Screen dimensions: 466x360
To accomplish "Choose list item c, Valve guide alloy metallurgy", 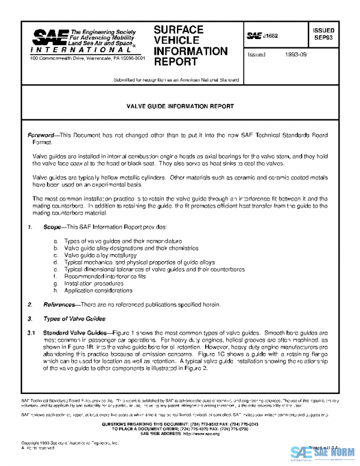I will pyautogui.click(x=107, y=255).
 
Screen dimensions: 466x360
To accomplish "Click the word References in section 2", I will pyautogui.click(x=59, y=304).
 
